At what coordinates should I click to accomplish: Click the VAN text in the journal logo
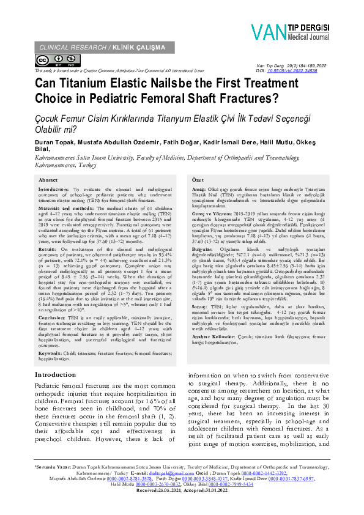pos(268,31)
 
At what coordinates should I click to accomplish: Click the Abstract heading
pos(48,180)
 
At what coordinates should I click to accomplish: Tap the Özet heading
pos(198,180)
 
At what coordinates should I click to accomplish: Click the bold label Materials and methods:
pos(67,208)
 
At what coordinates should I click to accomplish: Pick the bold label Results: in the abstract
pos(49,250)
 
